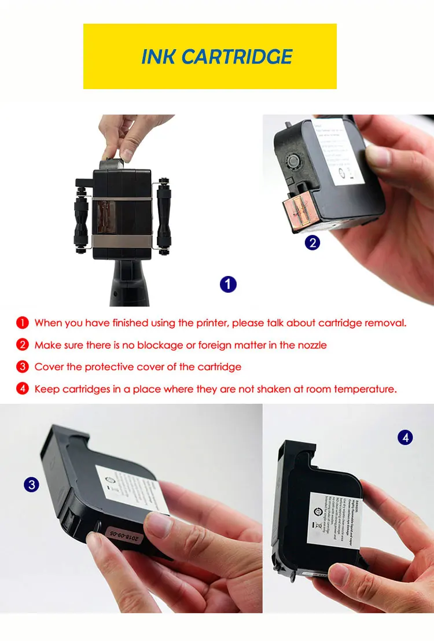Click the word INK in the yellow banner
click(159, 57)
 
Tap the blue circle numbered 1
click(228, 284)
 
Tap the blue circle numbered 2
click(312, 243)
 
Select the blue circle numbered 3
click(31, 484)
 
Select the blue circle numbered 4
click(405, 437)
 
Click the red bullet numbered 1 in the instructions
click(22, 323)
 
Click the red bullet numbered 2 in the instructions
click(22, 345)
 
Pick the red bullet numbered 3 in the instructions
click(22, 367)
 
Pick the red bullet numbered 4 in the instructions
click(22, 389)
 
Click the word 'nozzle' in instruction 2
click(311, 345)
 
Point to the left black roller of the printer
click(80, 214)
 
